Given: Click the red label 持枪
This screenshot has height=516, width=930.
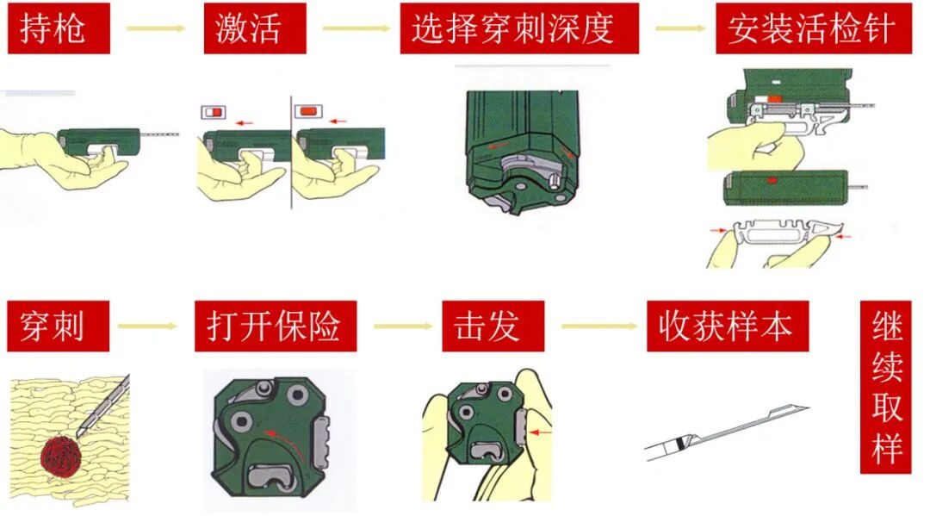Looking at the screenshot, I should [x=58, y=28].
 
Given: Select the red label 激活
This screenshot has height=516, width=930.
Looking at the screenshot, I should [x=255, y=28].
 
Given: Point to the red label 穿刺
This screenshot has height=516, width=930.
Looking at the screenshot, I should [x=58, y=326].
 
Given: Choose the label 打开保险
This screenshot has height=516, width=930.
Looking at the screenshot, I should [x=275, y=326].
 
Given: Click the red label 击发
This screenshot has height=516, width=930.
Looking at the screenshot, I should [x=493, y=326].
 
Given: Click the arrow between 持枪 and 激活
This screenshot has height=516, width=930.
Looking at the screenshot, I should [x=156, y=28].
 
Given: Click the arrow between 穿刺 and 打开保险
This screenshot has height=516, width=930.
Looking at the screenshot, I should [x=146, y=326].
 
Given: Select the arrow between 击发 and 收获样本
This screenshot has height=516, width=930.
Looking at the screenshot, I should [x=598, y=326].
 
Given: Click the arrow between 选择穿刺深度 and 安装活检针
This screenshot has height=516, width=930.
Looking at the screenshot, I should [x=680, y=28].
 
